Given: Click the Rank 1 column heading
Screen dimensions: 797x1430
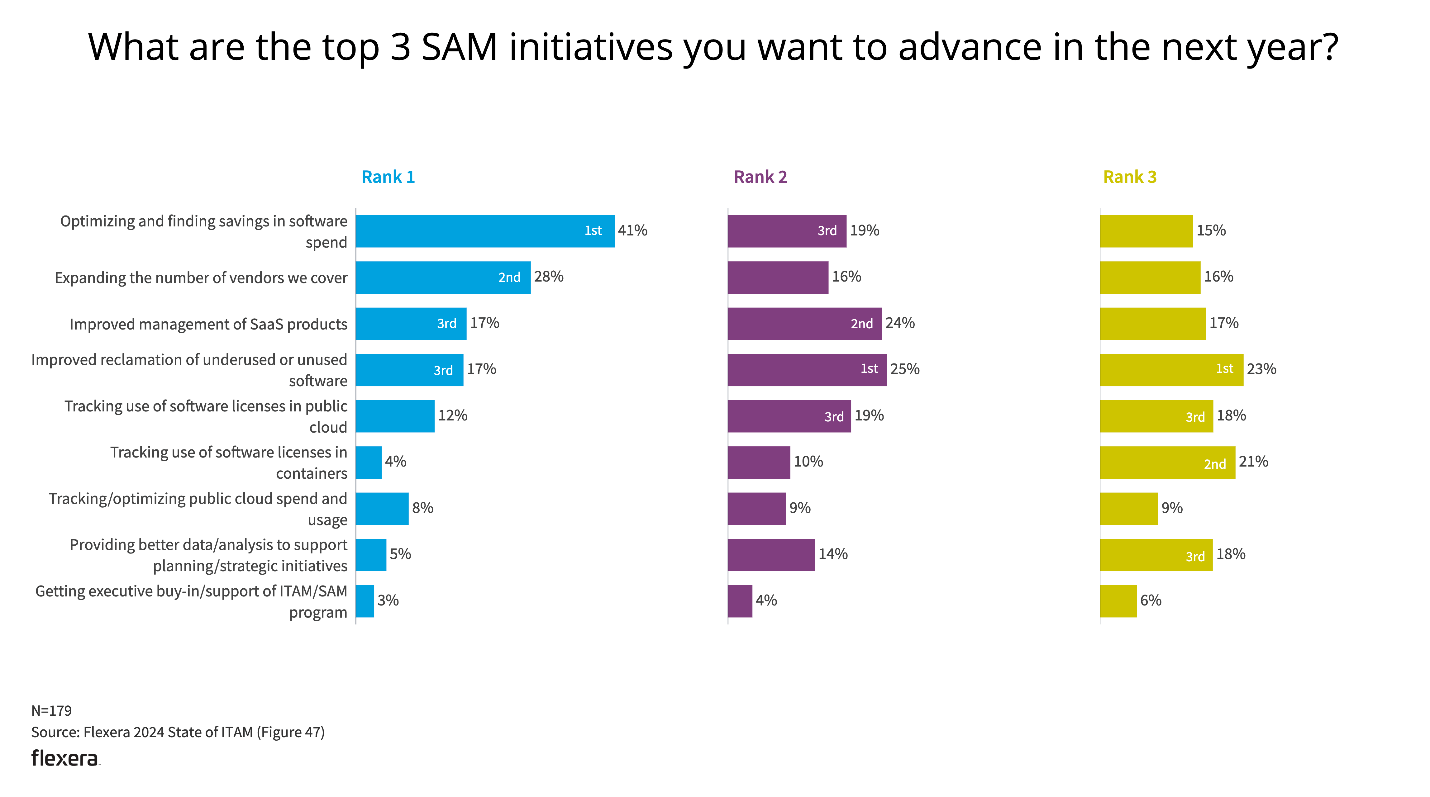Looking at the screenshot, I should [x=388, y=177].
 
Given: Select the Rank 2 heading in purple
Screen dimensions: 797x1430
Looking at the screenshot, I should [x=760, y=177].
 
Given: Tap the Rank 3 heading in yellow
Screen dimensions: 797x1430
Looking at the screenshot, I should [x=1129, y=177].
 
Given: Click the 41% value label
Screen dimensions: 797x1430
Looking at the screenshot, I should [x=632, y=230].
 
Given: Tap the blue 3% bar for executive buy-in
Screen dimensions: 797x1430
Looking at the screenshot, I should [x=365, y=601].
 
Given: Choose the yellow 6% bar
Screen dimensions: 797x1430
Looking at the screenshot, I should [x=1118, y=601].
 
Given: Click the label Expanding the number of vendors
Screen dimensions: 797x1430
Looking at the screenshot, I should [x=201, y=278].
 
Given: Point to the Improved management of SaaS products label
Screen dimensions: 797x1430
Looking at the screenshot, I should [x=208, y=324].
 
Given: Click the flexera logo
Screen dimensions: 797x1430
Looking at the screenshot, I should [x=65, y=758].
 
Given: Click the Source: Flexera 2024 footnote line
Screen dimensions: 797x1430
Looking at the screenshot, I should [x=178, y=732].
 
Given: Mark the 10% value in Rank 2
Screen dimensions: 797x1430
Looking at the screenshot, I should [x=808, y=462].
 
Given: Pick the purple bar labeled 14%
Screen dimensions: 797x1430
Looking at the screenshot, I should [x=771, y=555].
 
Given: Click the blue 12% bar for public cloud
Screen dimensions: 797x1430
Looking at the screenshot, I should [x=395, y=416].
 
